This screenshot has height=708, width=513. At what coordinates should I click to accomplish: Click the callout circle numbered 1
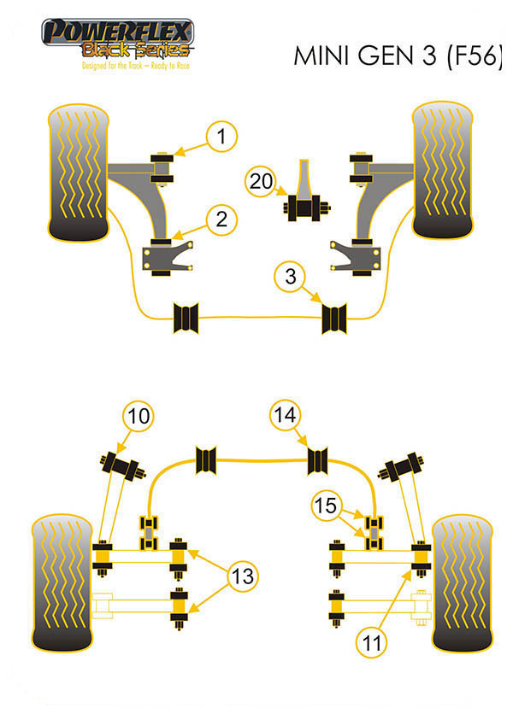click(221, 135)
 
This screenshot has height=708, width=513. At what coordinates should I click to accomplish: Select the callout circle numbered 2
click(221, 219)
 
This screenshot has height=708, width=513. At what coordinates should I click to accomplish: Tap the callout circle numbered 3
click(291, 277)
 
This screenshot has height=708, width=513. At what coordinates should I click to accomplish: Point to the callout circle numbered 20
click(260, 180)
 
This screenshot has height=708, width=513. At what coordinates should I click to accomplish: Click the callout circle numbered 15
click(324, 506)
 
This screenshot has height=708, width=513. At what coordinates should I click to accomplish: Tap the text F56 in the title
click(471, 57)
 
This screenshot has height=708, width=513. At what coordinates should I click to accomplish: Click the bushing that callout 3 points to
click(334, 318)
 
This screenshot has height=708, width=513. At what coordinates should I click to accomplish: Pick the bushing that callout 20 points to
click(300, 208)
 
